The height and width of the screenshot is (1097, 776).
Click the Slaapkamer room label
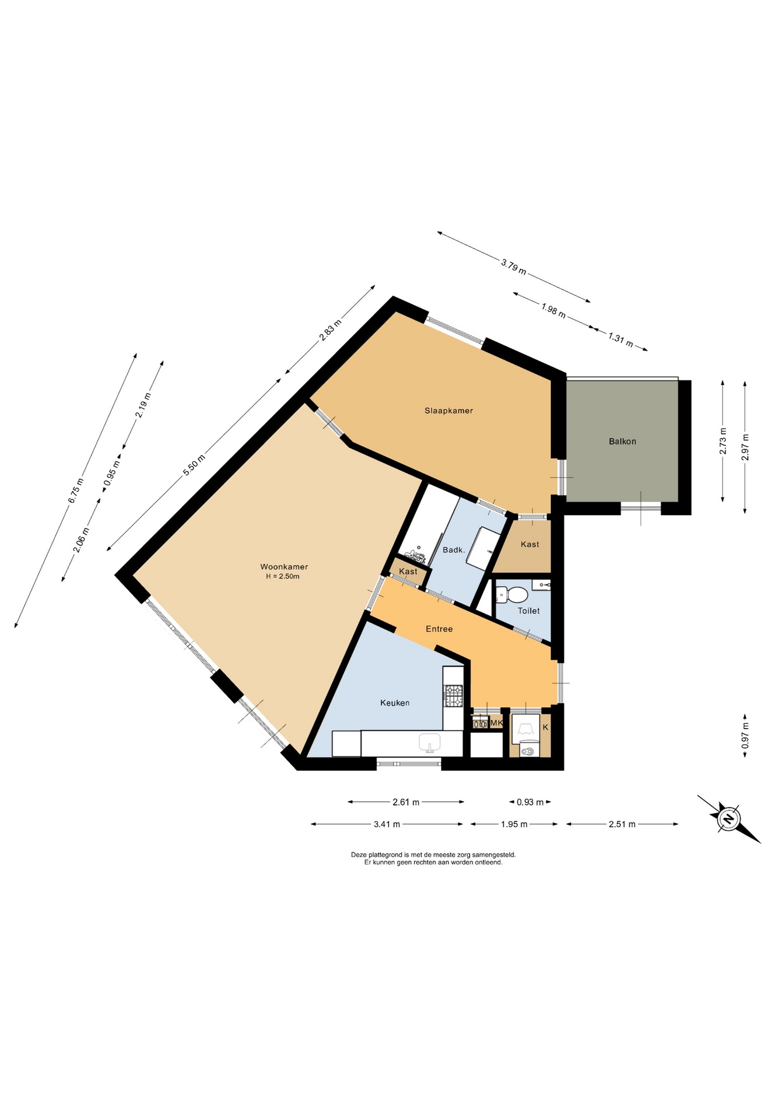pyautogui.click(x=449, y=410)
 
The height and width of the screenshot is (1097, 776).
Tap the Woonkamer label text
pyautogui.click(x=284, y=567)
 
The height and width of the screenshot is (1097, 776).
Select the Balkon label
pyautogui.click(x=622, y=441)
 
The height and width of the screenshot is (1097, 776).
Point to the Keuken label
pyautogui.click(x=395, y=703)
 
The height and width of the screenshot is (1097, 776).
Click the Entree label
pyautogui.click(x=439, y=628)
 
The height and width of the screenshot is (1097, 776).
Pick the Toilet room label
pyautogui.click(x=529, y=611)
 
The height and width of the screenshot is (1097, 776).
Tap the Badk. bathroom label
pyautogui.click(x=454, y=550)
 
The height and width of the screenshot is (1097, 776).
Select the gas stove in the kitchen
pyautogui.click(x=453, y=696)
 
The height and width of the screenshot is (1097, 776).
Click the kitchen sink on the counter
pyautogui.click(x=430, y=743)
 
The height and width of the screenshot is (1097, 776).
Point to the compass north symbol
pyautogui.click(x=729, y=818)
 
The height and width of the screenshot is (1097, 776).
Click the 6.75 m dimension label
pyautogui.click(x=75, y=490)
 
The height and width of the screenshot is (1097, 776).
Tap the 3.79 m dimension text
pyautogui.click(x=514, y=266)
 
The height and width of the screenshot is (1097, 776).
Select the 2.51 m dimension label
pyautogui.click(x=622, y=824)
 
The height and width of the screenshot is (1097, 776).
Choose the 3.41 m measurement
pyautogui.click(x=387, y=824)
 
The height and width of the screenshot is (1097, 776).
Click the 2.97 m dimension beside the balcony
pyautogui.click(x=745, y=447)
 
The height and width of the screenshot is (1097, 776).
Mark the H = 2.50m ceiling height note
pyautogui.click(x=282, y=576)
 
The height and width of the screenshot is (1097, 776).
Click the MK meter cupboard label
pyautogui.click(x=497, y=723)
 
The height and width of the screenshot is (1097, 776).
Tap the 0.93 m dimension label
pyautogui.click(x=530, y=802)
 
